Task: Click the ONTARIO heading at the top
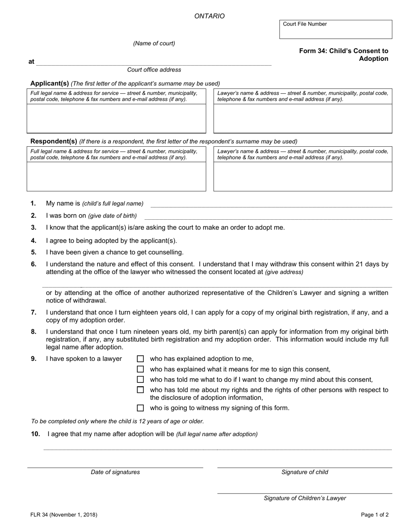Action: click(x=209, y=16)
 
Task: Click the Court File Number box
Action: click(x=335, y=29)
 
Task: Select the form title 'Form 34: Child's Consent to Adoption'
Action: click(x=344, y=55)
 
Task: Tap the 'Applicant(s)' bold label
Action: click(x=50, y=83)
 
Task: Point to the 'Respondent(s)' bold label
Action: click(x=54, y=141)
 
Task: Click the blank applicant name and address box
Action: click(x=117, y=118)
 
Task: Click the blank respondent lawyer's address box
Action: click(x=303, y=176)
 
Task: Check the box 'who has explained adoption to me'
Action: click(x=140, y=359)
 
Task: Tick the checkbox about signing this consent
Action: click(x=140, y=369)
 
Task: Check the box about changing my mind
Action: click(x=140, y=379)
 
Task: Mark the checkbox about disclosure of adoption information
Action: click(x=140, y=390)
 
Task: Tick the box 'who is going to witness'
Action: click(x=140, y=408)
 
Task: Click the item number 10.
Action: click(x=35, y=434)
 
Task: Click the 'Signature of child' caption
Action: click(x=305, y=472)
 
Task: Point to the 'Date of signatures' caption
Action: click(x=115, y=472)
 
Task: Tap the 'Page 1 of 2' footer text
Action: click(x=375, y=515)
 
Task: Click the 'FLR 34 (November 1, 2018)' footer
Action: click(x=64, y=515)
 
